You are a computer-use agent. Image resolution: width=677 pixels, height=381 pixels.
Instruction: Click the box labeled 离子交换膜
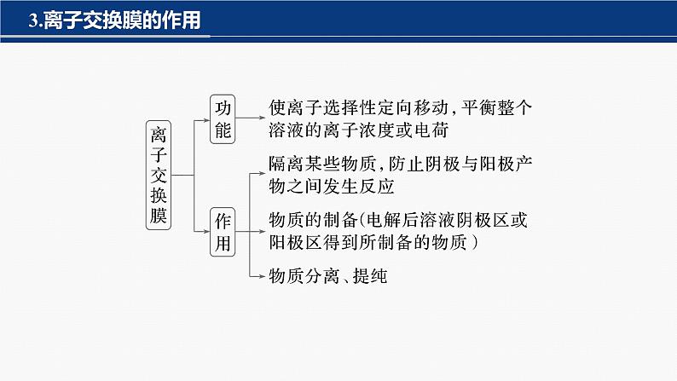tap(158, 174)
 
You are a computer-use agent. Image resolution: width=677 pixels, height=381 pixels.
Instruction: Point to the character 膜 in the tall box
tap(158, 213)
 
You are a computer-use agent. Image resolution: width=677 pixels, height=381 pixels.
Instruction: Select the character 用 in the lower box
tap(223, 243)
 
